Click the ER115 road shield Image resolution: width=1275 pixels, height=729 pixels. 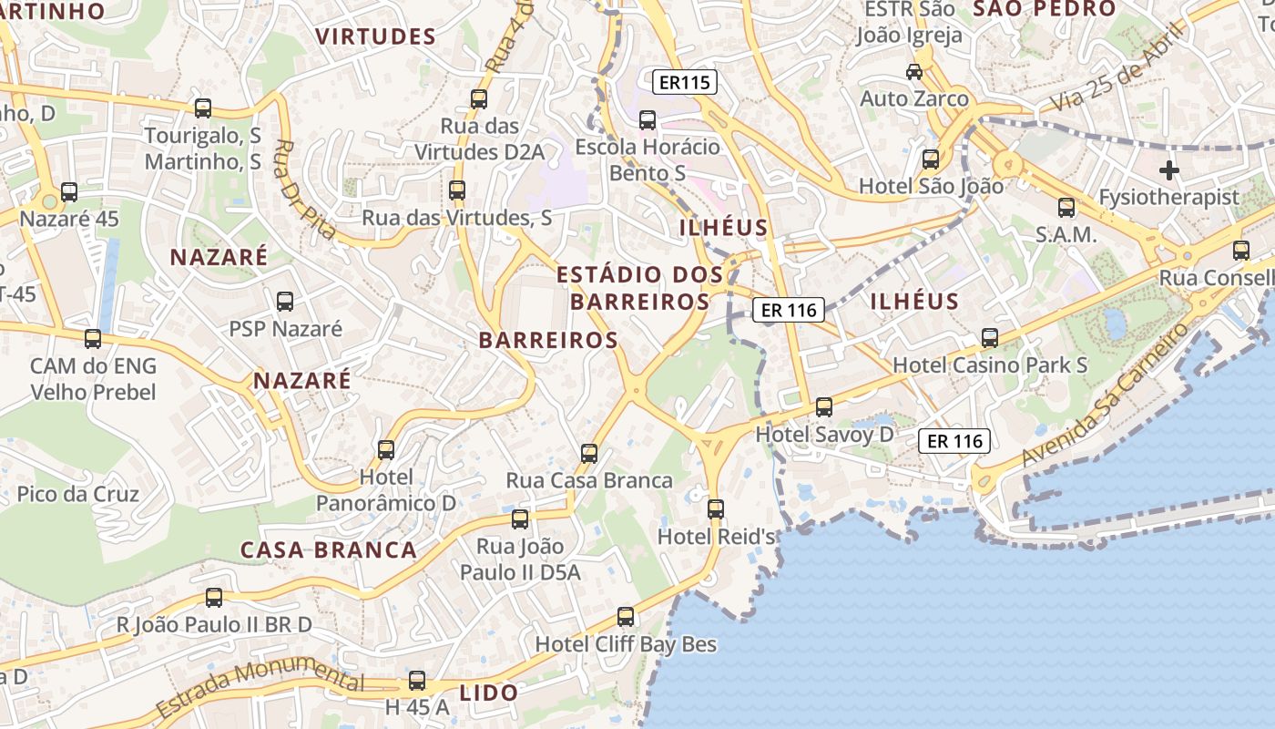(x=686, y=83)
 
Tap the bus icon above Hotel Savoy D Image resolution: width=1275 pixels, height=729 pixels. (x=824, y=406)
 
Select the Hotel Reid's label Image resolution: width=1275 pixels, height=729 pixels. (x=717, y=537)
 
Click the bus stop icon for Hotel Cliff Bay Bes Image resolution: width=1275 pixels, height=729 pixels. (x=626, y=617)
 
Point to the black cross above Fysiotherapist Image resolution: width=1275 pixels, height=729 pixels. (x=1169, y=170)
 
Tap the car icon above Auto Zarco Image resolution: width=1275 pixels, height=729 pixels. (x=914, y=71)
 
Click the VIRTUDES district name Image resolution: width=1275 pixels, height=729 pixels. (x=375, y=36)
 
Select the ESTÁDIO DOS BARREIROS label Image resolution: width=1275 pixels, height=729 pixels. (x=639, y=288)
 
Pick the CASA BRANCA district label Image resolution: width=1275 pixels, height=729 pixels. (x=329, y=550)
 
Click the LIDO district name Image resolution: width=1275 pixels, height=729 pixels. (x=489, y=693)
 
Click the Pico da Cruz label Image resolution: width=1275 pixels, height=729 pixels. (x=78, y=495)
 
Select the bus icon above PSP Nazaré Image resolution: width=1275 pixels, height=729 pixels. (x=285, y=301)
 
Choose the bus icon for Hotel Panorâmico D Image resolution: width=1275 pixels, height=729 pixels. (x=386, y=449)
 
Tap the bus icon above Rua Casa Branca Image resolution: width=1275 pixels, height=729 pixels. (x=589, y=453)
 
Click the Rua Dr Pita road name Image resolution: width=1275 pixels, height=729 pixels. (x=305, y=190)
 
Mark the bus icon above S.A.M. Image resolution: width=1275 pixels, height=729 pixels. (x=1066, y=208)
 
